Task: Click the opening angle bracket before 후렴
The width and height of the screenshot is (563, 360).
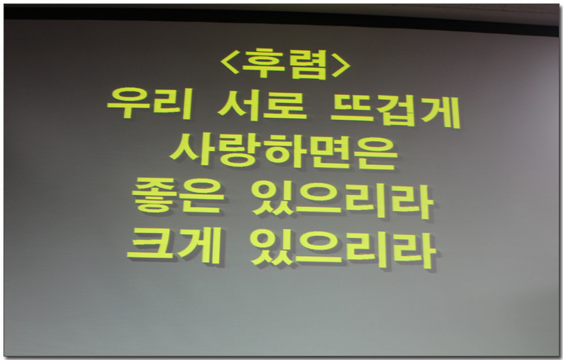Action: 229,62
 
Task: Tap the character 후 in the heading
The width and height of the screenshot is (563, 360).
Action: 263,63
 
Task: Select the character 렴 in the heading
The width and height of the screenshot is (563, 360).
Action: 309,65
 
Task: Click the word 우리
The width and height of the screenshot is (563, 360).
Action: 150,103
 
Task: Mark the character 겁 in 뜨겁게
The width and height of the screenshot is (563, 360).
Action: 397,112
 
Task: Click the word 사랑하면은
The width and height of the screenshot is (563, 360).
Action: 284,151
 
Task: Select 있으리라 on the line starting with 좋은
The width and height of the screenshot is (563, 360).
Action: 343,200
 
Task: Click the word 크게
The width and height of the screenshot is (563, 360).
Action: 174,246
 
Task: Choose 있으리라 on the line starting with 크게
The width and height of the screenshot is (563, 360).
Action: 343,249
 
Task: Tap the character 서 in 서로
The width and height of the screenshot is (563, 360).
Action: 239,104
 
